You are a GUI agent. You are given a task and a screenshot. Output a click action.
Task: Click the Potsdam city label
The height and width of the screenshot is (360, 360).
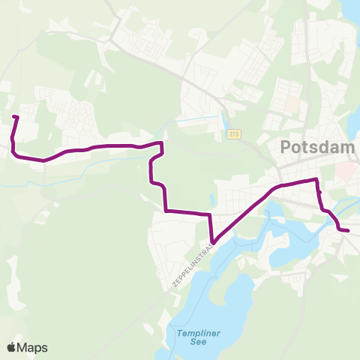click(318, 148)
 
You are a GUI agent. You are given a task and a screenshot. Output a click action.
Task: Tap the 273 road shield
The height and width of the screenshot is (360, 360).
click(233, 133)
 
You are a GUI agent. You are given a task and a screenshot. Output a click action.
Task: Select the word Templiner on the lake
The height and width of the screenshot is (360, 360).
click(195, 333)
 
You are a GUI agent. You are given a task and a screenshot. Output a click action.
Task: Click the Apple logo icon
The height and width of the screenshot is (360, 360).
click(11, 347)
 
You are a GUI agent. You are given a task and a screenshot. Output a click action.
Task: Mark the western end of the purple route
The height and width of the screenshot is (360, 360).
click(15, 116)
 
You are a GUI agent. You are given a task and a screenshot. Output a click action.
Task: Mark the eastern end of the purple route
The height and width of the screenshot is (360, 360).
click(348, 230)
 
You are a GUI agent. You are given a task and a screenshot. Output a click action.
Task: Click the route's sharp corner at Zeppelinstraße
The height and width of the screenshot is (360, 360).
click(213, 241)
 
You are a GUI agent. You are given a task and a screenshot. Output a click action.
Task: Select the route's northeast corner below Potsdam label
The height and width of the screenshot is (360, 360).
click(316, 180)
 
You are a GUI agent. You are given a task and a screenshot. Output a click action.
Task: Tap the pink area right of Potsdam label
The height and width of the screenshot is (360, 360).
click(346, 172)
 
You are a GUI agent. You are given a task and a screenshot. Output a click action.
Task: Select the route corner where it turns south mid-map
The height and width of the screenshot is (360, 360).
click(161, 142)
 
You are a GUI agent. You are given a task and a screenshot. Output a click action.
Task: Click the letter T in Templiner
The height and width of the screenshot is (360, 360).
click(180, 333)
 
